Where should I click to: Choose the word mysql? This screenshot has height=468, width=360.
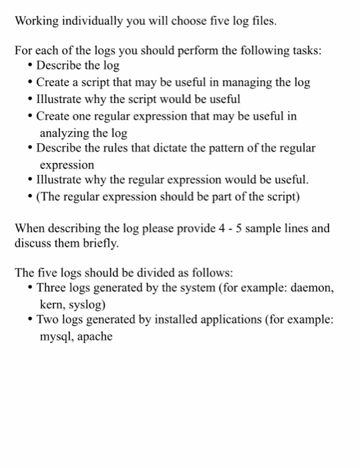[x=55, y=337]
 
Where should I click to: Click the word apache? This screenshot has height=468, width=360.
[x=95, y=337]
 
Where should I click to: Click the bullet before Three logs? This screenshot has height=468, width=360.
[x=30, y=289]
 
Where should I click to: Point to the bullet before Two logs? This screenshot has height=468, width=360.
[x=30, y=321]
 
